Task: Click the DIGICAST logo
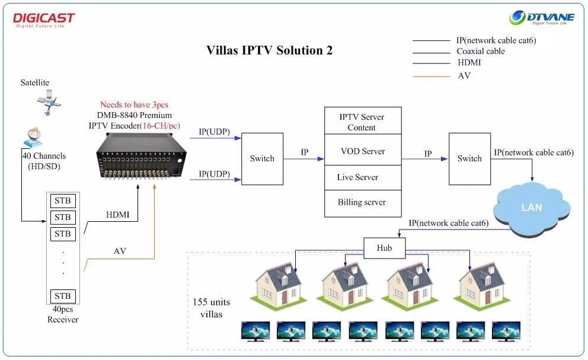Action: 44,20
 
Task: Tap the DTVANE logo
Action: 542,18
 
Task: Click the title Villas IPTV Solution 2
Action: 269,50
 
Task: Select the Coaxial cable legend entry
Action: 480,52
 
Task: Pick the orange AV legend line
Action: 431,76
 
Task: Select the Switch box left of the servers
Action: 262,158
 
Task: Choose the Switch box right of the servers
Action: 469,158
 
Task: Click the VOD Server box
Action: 363,151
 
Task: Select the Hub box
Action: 384,248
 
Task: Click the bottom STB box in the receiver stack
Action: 62,296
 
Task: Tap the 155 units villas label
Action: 211,308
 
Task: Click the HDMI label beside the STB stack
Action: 118,215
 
